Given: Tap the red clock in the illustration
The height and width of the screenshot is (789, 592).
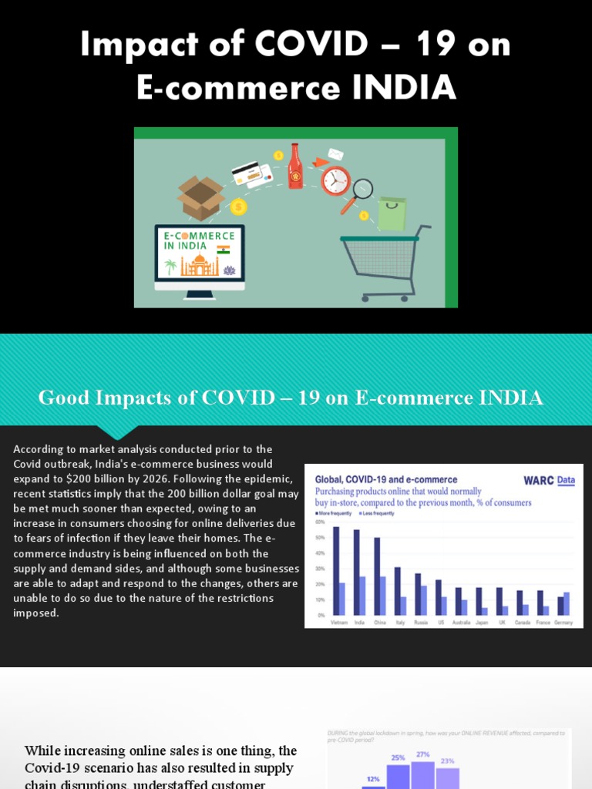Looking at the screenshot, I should tap(335, 180).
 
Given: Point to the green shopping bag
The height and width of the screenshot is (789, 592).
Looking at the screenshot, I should tap(392, 213).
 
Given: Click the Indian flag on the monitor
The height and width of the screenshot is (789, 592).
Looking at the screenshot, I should tap(224, 250).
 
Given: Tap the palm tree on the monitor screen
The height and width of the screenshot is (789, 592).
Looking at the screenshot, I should tap(170, 267).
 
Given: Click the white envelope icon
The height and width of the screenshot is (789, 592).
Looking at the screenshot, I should tap(335, 154).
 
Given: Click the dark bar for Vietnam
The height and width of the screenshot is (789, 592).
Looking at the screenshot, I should tap(336, 571).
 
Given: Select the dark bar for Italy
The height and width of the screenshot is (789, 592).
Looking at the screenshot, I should tap(398, 591).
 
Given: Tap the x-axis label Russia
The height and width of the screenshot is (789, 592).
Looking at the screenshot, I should tap(421, 623).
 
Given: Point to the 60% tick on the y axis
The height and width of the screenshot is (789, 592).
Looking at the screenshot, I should tap(321, 522).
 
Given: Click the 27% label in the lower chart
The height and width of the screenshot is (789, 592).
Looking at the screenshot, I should tap(422, 755).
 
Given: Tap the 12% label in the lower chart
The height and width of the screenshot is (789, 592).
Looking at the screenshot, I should tap(373, 779).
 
